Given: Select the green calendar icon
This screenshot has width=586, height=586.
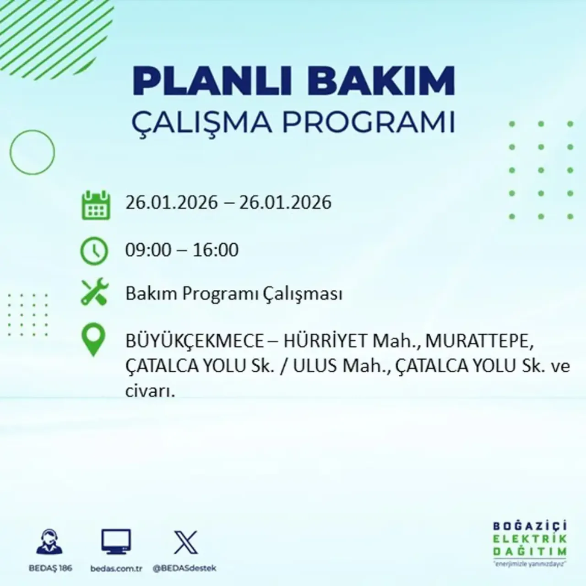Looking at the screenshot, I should pos(96,205).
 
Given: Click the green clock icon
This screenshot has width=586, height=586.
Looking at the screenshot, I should pos(94,251).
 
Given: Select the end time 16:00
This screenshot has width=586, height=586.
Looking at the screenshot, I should pos(216,250).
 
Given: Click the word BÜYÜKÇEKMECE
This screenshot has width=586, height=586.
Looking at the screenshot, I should pos(195,341).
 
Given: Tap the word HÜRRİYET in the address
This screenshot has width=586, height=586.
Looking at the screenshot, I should pos(326,341).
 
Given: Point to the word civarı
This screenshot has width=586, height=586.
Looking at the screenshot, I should pos(150,391).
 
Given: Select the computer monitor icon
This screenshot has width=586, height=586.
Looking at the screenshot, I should pos(116,542).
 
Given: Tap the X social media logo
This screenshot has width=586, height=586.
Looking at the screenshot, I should pos(186,542).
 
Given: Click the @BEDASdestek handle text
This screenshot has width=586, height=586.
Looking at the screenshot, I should pos(184,568).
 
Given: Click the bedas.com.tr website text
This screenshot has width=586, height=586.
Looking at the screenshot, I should pos(116,568).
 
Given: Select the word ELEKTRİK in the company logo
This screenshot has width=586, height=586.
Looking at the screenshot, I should pos(530,539).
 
